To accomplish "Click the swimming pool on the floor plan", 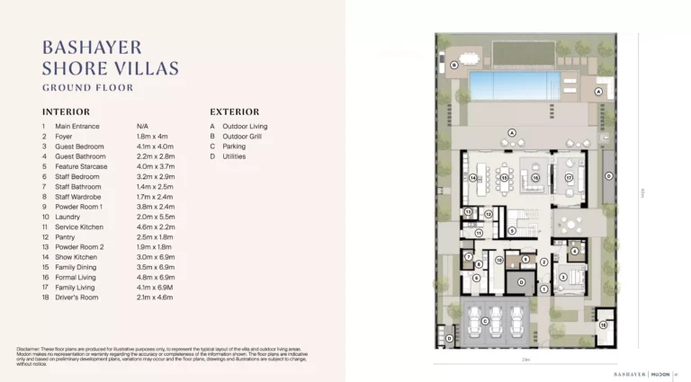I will [x=509, y=86].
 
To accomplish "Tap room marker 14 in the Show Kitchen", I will [x=472, y=178].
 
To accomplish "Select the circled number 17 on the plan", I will [x=569, y=178].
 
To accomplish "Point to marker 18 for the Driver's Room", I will [x=604, y=324].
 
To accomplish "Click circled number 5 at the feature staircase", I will [x=512, y=230].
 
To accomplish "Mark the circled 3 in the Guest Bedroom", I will [x=563, y=277].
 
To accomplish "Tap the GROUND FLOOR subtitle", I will [x=88, y=88].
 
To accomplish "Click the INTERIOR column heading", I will [x=66, y=111].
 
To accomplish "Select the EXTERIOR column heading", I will [x=235, y=111].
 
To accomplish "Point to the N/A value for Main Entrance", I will [x=142, y=127].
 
